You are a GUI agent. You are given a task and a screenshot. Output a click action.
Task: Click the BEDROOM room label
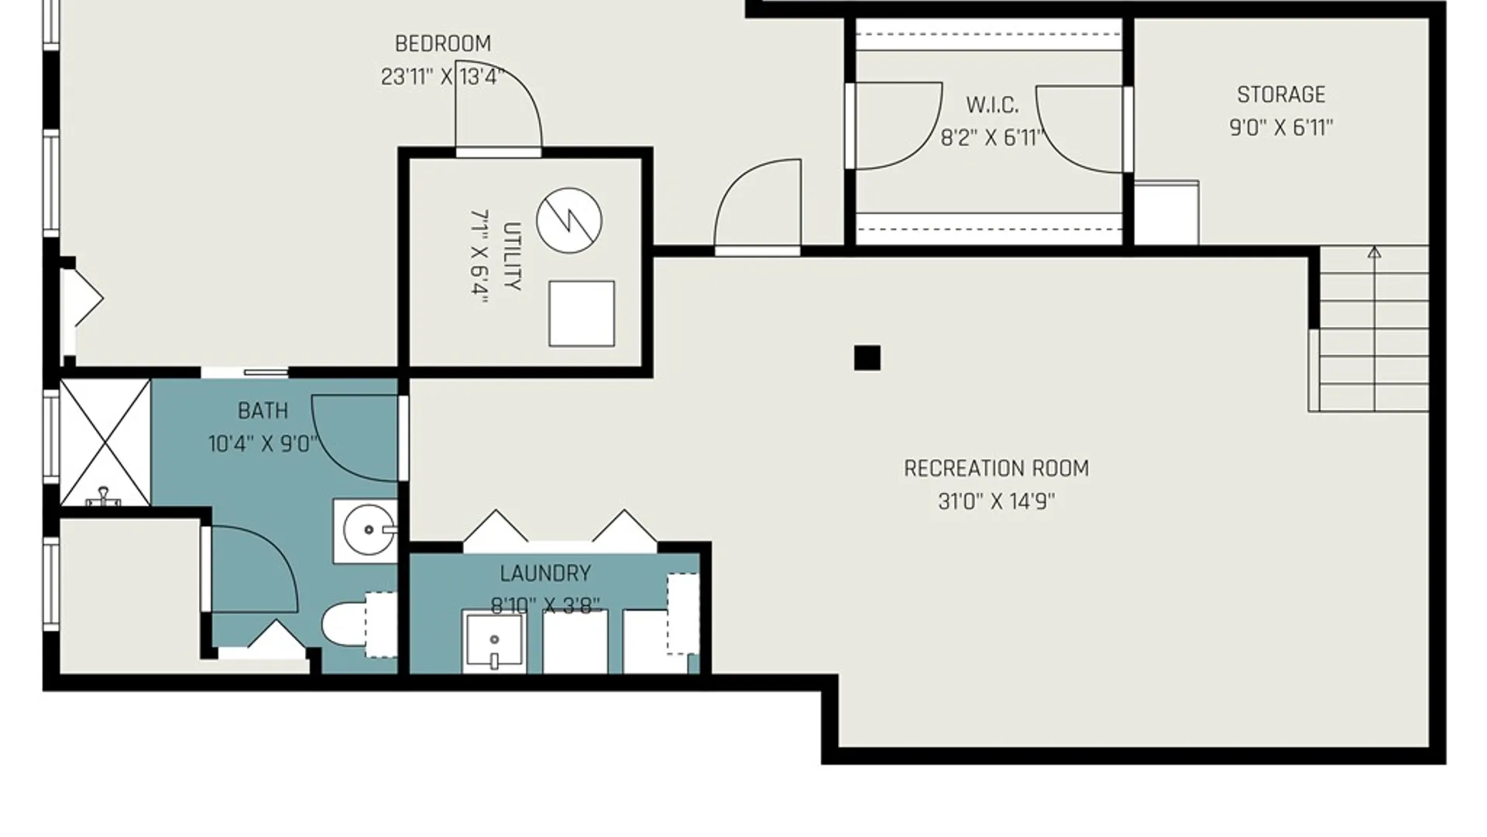[443, 43]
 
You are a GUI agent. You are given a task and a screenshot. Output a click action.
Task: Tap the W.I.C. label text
[992, 105]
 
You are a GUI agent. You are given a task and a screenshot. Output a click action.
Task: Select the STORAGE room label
[1281, 95]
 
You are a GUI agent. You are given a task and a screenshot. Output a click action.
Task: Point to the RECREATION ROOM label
[996, 468]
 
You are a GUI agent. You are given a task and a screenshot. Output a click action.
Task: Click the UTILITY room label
[512, 257]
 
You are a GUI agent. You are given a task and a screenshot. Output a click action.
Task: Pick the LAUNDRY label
[545, 573]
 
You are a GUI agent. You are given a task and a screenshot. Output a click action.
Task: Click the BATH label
[263, 411]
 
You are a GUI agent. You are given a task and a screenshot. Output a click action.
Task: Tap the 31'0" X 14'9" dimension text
[996, 501]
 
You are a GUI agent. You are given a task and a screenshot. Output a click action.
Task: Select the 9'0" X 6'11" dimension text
[1281, 127]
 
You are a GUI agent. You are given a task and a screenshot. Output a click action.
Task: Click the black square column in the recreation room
[867, 358]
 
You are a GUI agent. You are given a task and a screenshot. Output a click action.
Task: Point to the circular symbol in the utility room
[569, 220]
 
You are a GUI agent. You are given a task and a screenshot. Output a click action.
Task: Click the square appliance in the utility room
[582, 313]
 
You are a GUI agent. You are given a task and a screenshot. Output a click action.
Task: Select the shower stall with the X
[105, 443]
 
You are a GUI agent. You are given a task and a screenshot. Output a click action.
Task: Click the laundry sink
[493, 641]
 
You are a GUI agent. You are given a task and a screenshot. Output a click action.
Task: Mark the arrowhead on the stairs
[1374, 252]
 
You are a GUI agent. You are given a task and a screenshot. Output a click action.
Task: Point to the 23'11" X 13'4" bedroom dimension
[442, 77]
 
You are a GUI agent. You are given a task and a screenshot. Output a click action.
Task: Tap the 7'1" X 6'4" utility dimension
[480, 257]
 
